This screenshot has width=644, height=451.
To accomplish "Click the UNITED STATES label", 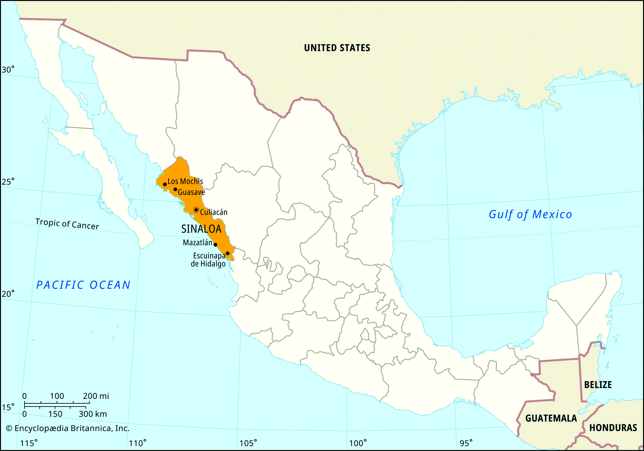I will [337, 48].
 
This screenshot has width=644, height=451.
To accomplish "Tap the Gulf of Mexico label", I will [530, 215].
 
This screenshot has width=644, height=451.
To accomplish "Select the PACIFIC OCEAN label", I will [83, 285].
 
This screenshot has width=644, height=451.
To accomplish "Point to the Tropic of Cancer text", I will [67, 224].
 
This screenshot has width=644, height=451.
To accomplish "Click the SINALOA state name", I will [201, 229].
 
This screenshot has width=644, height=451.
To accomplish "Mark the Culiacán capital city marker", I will [196, 210].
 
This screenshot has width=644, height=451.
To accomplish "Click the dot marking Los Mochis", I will [165, 185].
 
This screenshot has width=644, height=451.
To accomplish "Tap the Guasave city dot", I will [175, 189].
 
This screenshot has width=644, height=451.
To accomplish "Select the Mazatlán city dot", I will [215, 245].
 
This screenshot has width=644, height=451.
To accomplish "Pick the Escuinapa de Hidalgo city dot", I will [228, 254].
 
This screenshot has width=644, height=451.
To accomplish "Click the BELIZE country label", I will [598, 385].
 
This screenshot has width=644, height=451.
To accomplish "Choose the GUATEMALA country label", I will [551, 418].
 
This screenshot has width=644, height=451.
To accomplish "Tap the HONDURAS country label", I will [613, 428].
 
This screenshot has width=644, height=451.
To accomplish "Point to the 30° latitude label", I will [8, 70].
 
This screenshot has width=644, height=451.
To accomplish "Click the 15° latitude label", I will [8, 408].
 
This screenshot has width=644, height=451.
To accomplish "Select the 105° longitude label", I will [248, 443].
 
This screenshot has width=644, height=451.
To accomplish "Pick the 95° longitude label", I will [466, 443].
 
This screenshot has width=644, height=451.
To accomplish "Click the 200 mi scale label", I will [96, 396].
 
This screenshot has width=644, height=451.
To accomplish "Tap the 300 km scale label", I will [93, 414].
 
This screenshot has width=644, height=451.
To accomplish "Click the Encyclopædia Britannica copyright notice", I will [68, 428].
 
